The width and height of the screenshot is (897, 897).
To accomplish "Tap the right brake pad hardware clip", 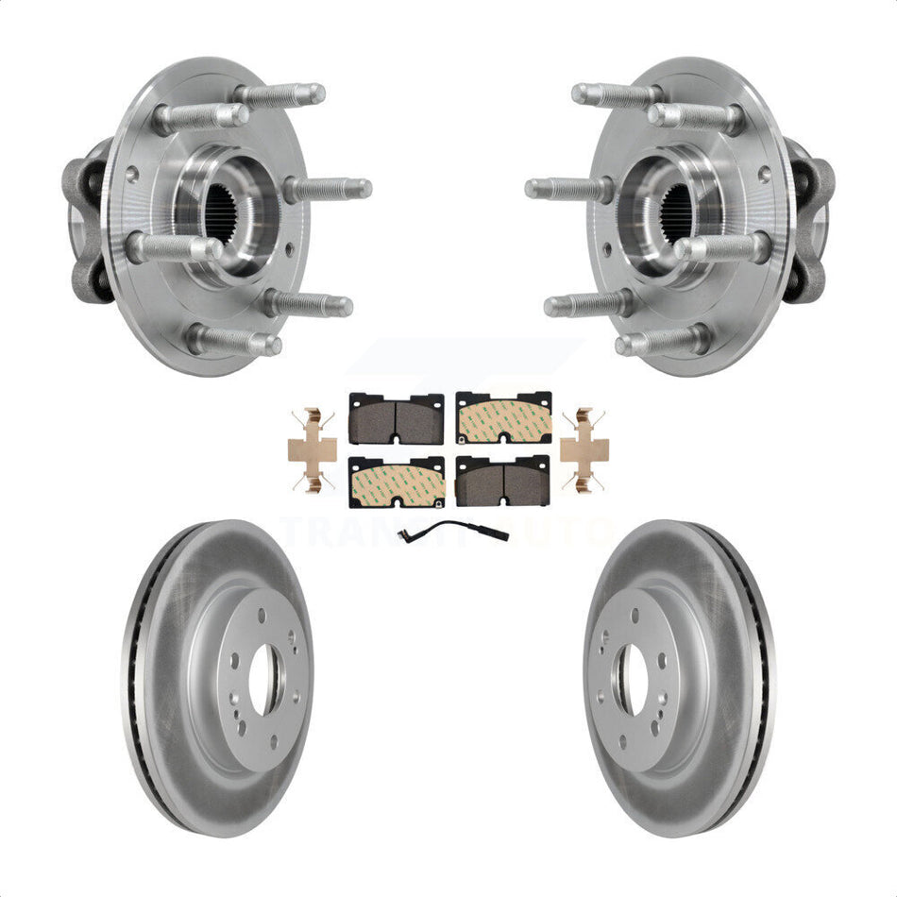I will click(x=584, y=450).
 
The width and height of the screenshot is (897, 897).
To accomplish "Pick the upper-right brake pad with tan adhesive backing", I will click(x=503, y=417).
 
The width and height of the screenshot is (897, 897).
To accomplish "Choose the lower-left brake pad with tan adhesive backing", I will click(x=397, y=482).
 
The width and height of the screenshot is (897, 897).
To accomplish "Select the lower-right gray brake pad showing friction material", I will click(x=503, y=482).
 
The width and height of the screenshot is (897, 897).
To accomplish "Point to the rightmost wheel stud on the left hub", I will click(x=330, y=189).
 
